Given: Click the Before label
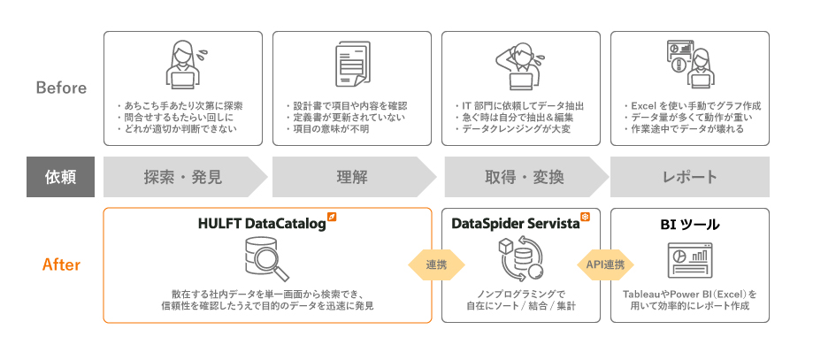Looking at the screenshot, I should tap(61, 88).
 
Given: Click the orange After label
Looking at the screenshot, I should tap(61, 264).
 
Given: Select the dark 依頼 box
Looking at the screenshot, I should tap(61, 177).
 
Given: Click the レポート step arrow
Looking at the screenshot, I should tap(690, 177).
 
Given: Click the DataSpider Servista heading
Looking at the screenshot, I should tap(515, 225).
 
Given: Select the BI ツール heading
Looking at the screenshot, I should tap(690, 225).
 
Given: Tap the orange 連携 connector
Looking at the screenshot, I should tap(436, 264).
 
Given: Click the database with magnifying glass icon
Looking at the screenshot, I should tap(267, 260).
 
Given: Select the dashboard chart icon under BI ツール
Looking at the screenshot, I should tap(690, 260).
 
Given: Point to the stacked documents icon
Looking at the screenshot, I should tap(352, 67).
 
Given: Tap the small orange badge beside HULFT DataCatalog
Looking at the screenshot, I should tap(331, 217).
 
